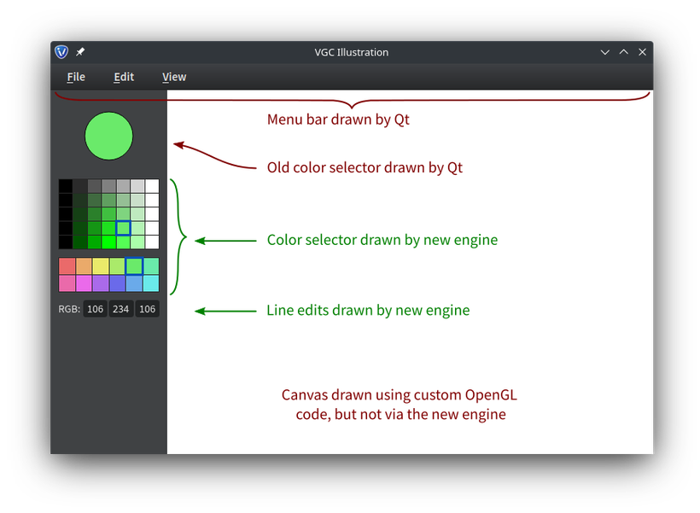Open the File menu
[x=76, y=77]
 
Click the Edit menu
[x=124, y=77]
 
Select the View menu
[x=174, y=77]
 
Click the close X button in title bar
[x=642, y=52]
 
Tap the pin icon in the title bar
[x=80, y=52]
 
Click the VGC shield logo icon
[x=61, y=52]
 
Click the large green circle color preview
[x=108, y=136]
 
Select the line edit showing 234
[x=120, y=309]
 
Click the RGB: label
[x=69, y=309]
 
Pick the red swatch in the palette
[x=67, y=266]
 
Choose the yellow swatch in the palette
[x=101, y=266]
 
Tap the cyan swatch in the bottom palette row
[x=151, y=283]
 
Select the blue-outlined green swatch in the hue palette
[x=134, y=266]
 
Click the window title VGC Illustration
[x=352, y=52]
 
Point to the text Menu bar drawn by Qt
[x=338, y=120]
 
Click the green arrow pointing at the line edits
[x=225, y=312]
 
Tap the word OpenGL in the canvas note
[x=491, y=395]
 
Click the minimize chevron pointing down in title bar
[x=605, y=52]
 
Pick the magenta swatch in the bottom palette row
[x=84, y=283]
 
